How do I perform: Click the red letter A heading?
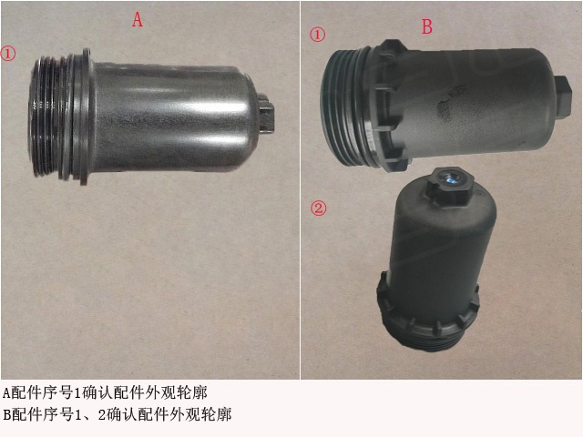pos(138,19)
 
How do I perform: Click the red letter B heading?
pos(426,26)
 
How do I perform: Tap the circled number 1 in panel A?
pos(9,54)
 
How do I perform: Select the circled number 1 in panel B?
pos(318,36)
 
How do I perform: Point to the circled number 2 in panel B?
pos(319,208)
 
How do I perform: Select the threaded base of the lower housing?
pos(424,322)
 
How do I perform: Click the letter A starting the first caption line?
pos(5,393)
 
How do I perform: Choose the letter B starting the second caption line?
pos(5,415)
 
